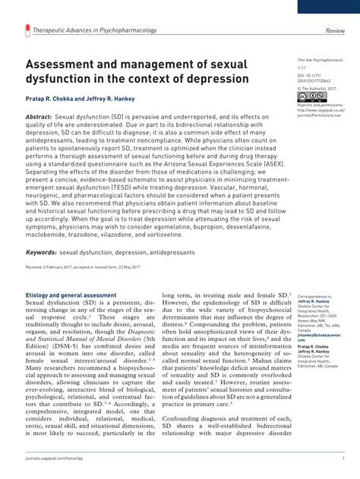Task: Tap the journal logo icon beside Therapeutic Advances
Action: (x=29, y=31)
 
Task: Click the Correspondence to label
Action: (x=314, y=295)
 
